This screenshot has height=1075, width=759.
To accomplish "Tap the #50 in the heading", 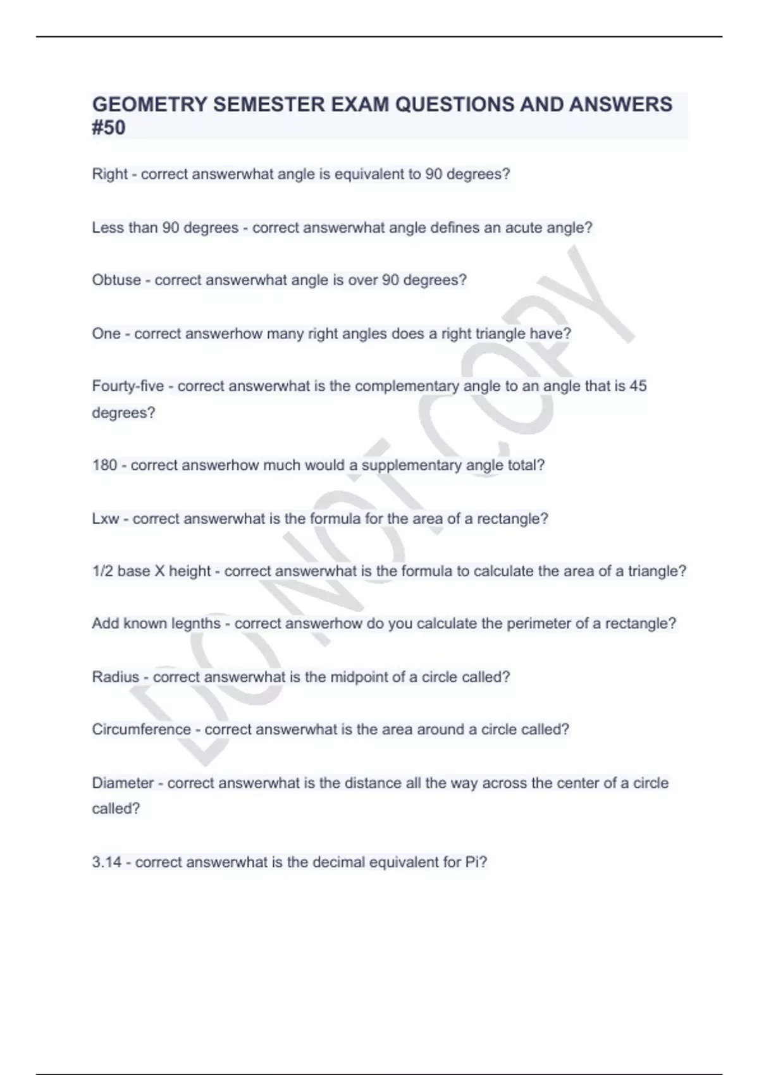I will tap(109, 128).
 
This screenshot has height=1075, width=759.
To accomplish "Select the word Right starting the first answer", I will tap(109, 174).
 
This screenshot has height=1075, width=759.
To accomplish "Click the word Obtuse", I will tap(116, 279).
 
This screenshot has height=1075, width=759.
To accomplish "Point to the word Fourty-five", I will tap(128, 386).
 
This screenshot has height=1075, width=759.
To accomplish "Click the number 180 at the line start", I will tap(104, 465).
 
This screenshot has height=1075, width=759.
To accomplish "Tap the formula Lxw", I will tap(106, 519).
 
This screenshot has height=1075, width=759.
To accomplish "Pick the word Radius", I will tap(115, 677).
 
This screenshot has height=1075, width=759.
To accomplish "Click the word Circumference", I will tap(141, 729).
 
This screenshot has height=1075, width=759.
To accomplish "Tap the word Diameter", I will tap(123, 783).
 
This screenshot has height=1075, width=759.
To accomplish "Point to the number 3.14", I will tap(106, 862).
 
